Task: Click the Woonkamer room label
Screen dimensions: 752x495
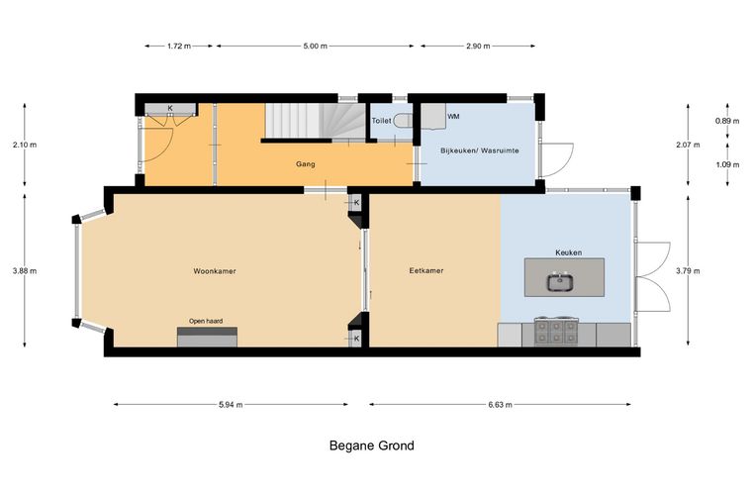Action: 215,271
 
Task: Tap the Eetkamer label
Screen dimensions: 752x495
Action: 425,270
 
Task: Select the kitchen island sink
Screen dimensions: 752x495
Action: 560,281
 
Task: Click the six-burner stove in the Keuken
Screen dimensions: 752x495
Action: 556,332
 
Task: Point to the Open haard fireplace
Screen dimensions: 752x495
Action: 207,337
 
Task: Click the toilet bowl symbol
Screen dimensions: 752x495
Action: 403,121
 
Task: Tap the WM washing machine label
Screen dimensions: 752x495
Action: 453,117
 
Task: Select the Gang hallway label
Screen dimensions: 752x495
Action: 306,164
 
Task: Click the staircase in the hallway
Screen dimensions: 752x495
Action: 315,121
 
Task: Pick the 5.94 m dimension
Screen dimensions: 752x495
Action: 231,404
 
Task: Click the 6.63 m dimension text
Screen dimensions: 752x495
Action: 501,404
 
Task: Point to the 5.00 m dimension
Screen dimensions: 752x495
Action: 315,47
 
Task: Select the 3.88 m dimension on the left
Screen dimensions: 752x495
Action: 25,271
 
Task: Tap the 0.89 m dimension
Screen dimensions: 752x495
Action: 727,121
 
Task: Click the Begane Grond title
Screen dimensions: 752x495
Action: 372,445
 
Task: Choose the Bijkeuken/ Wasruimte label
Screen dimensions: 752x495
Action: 480,150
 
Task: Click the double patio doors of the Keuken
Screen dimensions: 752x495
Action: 653,277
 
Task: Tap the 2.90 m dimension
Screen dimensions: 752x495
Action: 478,47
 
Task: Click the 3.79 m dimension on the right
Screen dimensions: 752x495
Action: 688,271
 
